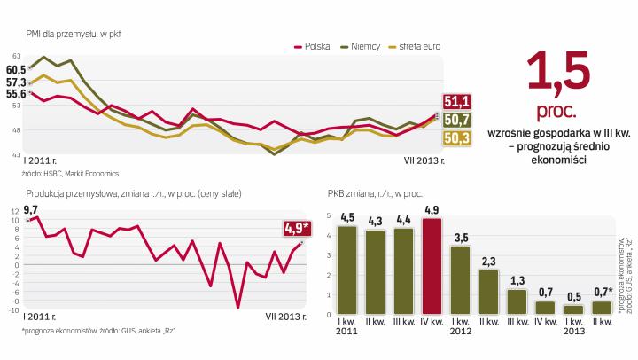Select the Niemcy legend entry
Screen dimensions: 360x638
pos(365,47)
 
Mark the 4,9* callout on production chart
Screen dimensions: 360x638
pos(296,228)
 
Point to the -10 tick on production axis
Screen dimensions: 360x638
pos(14,310)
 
